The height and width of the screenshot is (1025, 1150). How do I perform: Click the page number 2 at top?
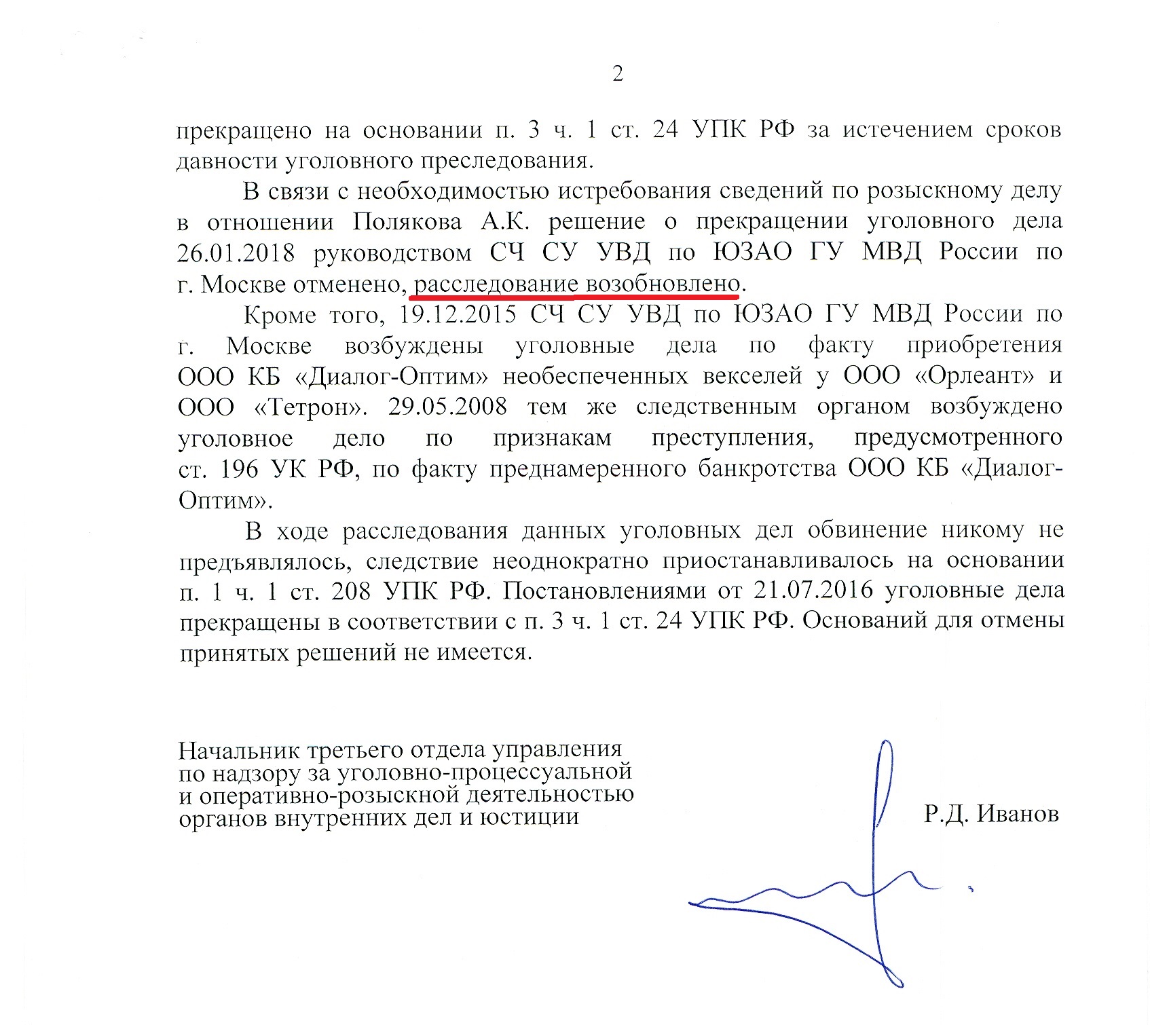(x=617, y=73)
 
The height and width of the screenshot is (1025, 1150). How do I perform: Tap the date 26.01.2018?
(x=236, y=253)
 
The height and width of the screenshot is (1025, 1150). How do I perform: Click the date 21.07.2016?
(x=813, y=590)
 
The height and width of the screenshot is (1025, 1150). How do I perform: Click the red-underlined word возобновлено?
(x=662, y=284)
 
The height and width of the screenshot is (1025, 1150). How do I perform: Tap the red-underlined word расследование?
(x=496, y=284)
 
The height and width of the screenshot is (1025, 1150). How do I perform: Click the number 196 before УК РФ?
(x=239, y=469)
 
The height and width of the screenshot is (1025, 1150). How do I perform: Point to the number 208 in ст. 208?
(x=351, y=591)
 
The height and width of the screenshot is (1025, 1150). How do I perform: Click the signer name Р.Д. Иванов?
(x=990, y=813)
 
